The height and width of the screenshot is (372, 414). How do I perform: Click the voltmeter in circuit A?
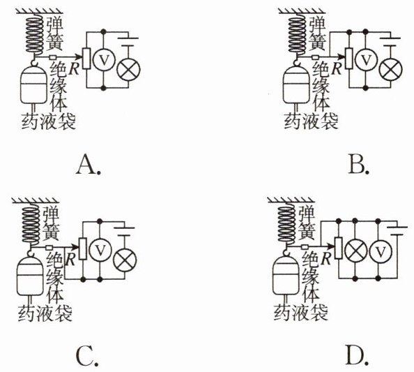pyautogui.click(x=104, y=60)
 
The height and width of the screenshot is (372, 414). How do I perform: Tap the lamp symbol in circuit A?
pyautogui.click(x=128, y=69)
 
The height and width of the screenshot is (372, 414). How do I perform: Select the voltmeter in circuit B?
pyautogui.click(x=365, y=60)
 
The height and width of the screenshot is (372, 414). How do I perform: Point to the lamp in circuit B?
pyautogui.click(x=390, y=69)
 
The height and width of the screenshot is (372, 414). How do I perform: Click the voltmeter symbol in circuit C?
pyautogui.click(x=100, y=250)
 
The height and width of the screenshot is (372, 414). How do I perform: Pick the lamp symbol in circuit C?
pyautogui.click(x=125, y=260)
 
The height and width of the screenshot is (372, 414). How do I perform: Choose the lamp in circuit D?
pyautogui.click(x=355, y=249)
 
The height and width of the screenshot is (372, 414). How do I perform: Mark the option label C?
pyautogui.click(x=87, y=356)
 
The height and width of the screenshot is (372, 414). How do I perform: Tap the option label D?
pyautogui.click(x=357, y=356)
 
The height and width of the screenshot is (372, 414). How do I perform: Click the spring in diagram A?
pyautogui.click(x=35, y=34)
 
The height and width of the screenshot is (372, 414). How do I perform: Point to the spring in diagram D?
pyautogui.click(x=287, y=224)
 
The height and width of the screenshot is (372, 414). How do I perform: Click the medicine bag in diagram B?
pyautogui.click(x=296, y=85)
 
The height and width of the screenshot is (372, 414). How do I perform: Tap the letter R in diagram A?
pyautogui.click(x=74, y=69)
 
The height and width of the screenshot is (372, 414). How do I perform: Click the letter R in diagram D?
pyautogui.click(x=326, y=259)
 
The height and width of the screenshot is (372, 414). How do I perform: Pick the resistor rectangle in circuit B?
pyautogui.click(x=348, y=59)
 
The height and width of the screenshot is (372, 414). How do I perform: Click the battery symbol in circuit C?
pyautogui.click(x=124, y=231)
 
